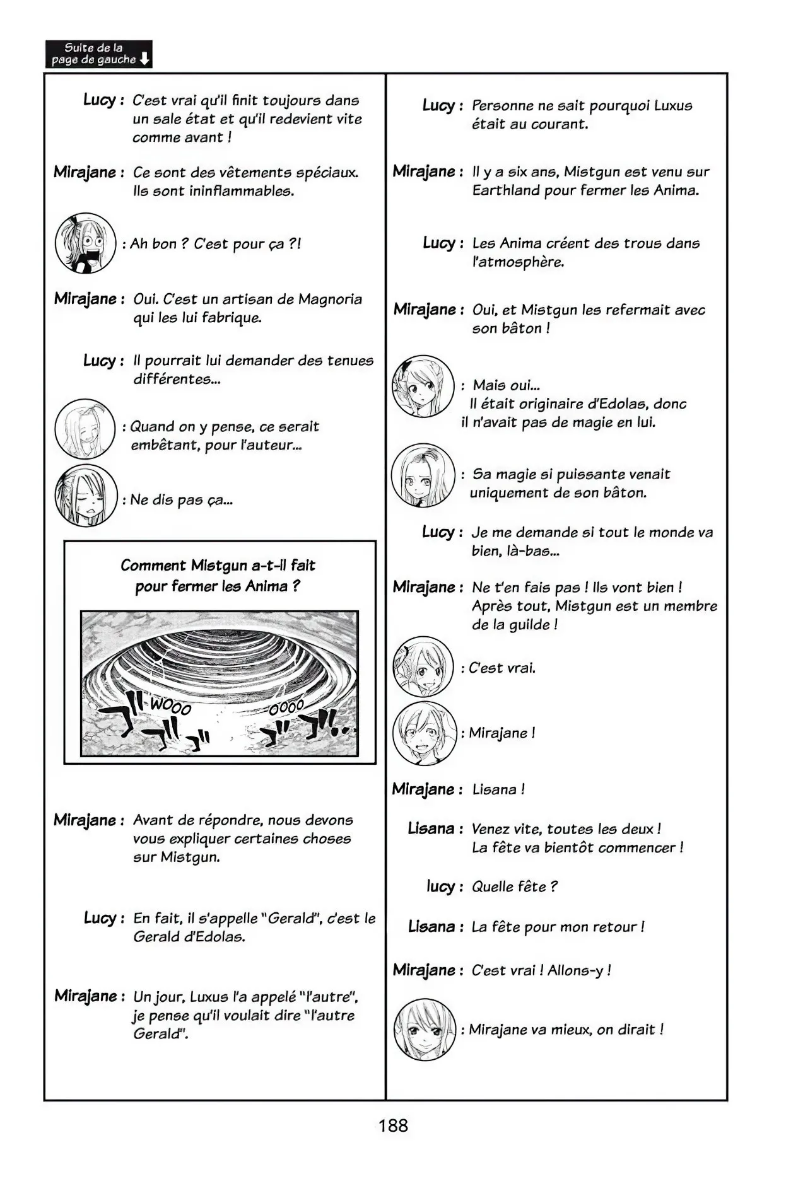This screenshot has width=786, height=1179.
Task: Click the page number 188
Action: [393, 1125]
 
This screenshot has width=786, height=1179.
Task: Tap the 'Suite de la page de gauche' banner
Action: [99, 54]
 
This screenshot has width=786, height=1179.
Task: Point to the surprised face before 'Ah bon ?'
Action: [85, 243]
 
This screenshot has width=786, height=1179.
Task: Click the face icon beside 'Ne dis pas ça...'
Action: [86, 496]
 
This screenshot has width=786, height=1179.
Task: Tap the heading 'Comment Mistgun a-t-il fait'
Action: [218, 566]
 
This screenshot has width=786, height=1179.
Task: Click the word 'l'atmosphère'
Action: [518, 262]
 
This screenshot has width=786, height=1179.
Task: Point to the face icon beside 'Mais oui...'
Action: [423, 386]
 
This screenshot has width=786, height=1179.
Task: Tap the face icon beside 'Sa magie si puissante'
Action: [423, 475]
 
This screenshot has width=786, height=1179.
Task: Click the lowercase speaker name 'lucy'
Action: [440, 886]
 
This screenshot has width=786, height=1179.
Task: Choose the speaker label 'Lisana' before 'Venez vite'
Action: [431, 828]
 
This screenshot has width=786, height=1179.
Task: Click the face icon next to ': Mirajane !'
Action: [423, 733]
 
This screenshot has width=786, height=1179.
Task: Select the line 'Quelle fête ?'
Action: [514, 886]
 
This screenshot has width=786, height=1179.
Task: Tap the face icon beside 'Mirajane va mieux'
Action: [424, 1030]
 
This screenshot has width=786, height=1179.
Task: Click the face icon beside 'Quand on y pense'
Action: [85, 429]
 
